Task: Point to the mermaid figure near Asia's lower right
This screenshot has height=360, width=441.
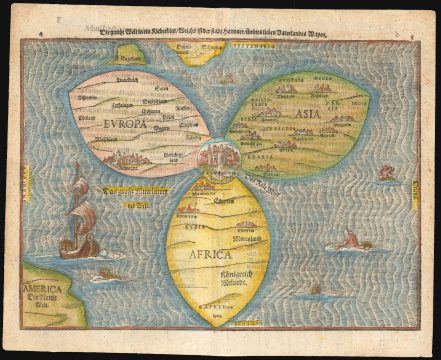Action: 385,173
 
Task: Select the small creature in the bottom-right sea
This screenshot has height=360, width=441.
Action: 314,289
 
